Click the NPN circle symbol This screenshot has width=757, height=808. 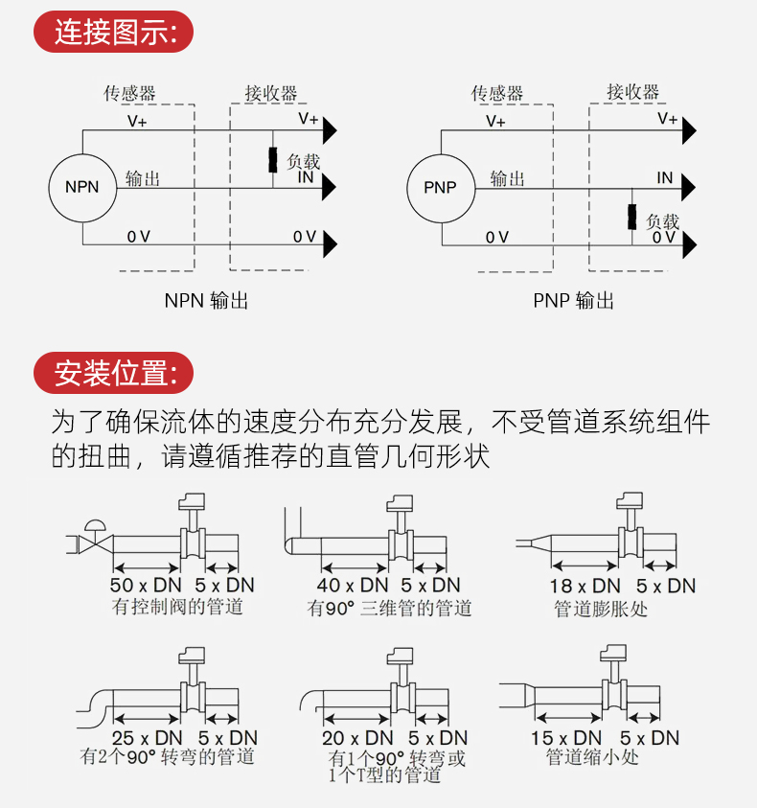(81, 187)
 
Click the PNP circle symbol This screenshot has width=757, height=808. (440, 187)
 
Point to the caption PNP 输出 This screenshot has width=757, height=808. (573, 301)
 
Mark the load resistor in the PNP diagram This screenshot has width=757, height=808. (632, 217)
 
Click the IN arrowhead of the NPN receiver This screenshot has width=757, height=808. (329, 187)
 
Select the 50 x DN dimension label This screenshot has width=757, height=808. (147, 586)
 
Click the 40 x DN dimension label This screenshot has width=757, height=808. (353, 586)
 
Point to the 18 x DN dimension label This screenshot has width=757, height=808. (585, 586)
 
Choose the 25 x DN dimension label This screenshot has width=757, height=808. (147, 738)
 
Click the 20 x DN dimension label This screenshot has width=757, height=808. (357, 738)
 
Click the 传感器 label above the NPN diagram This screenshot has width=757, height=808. (129, 94)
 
